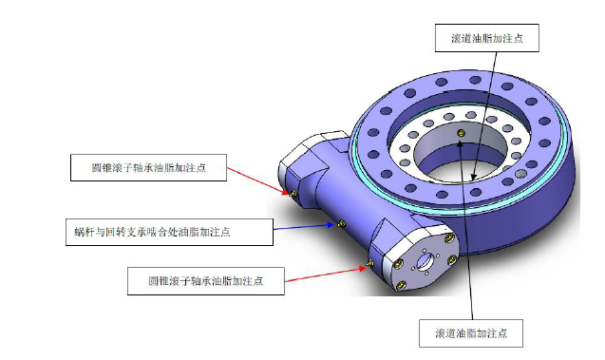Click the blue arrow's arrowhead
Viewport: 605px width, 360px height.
pos(331,224)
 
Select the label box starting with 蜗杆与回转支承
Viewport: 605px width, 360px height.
pos(169,232)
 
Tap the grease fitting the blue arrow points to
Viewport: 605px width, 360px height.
pos(341,223)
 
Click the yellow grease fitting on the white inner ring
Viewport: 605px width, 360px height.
pos(461,134)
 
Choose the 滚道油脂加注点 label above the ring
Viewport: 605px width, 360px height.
pos(487,38)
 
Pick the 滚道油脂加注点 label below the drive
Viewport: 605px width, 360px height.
pos(471,333)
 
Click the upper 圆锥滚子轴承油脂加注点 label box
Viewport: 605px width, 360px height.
pos(148,167)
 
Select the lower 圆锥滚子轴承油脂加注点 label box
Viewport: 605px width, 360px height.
pos(206,281)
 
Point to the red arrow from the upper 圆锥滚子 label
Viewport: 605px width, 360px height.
pos(257,180)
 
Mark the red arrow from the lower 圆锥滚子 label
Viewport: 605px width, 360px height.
pos(325,274)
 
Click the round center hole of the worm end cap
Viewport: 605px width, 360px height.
pos(425,261)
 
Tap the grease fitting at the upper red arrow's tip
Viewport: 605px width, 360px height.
pos(293,194)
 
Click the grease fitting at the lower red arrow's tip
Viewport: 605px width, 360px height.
pos(369,264)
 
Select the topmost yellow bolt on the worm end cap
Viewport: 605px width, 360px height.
pos(448,238)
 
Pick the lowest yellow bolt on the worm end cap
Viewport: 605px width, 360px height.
pos(402,286)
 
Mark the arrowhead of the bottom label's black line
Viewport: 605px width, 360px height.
pos(460,143)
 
